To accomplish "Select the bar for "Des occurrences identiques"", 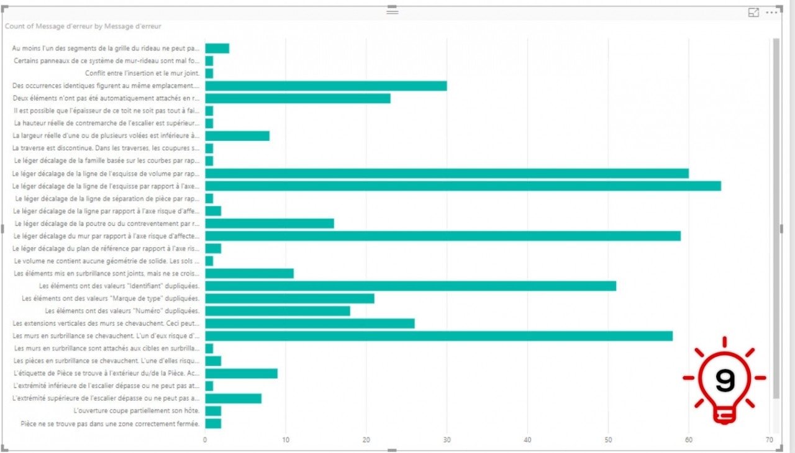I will click(326, 86).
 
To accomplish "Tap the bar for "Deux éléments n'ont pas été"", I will click(298, 98).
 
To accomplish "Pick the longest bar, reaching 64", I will click(463, 186).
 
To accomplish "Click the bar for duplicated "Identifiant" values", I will click(411, 285).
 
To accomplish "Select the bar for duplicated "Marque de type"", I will click(290, 298).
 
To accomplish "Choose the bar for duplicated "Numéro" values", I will click(278, 311).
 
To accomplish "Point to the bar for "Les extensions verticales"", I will click(310, 323).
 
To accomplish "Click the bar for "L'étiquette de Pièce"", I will click(241, 374).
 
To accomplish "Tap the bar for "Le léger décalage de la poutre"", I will click(270, 223).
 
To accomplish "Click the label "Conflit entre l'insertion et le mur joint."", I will click(143, 73).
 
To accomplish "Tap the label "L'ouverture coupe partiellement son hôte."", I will click(137, 411).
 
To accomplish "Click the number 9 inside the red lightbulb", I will click(724, 380).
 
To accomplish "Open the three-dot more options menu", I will click(771, 12).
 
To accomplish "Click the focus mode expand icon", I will click(753, 12).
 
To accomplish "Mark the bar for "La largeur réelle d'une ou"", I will click(237, 135).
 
